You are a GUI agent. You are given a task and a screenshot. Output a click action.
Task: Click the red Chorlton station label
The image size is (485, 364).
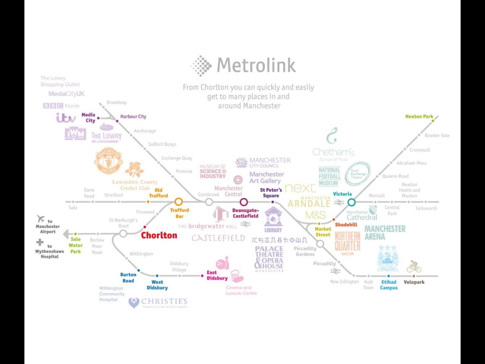(159, 235)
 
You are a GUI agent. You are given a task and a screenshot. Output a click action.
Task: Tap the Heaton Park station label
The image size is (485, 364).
(419, 116)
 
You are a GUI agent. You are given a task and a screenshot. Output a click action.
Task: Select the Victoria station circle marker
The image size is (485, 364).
(351, 202)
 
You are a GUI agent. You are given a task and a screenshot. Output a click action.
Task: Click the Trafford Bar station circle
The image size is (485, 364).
(179, 201)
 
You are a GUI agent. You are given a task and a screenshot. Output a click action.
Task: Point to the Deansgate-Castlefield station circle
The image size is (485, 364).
(243, 202)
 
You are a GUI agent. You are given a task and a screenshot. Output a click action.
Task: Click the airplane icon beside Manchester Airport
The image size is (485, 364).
(40, 219)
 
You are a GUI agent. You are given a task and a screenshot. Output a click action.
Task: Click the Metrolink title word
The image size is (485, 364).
(256, 65)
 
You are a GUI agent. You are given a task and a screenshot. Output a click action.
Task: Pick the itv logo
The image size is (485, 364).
(66, 118)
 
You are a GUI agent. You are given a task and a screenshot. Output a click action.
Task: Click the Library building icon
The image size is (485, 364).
(273, 219)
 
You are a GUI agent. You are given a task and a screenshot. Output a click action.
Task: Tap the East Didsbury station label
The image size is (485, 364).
(217, 275)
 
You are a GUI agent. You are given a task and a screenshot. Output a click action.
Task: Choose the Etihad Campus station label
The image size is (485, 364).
(388, 285)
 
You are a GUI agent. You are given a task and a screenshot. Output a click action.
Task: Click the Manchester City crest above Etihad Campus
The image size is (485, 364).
(388, 259)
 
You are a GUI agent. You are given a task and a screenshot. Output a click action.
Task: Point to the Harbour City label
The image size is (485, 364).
(133, 116)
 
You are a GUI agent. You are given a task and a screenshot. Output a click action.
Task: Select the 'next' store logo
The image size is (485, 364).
(300, 188)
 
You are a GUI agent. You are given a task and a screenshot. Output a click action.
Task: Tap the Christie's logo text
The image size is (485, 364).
(164, 302)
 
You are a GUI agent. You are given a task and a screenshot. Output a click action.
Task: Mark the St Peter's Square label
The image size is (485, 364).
(271, 193)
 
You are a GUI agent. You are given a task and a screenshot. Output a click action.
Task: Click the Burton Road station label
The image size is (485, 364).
(128, 278)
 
